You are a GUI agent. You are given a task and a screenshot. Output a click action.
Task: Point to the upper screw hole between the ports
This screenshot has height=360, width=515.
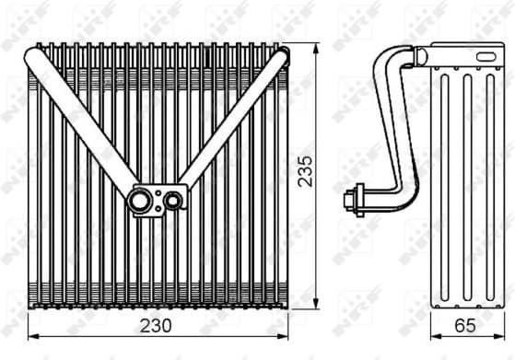click(x=159, y=192)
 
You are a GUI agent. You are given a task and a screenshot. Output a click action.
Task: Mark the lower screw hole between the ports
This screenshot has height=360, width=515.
click(x=159, y=208)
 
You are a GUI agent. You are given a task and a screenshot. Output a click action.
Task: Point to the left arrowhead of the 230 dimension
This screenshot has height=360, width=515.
click(x=32, y=337)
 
